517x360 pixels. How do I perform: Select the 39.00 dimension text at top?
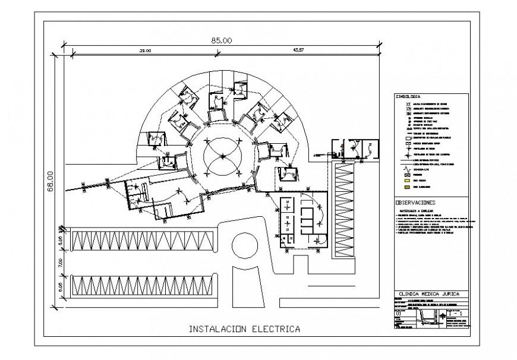point(145,52)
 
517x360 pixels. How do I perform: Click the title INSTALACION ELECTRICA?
point(244,329)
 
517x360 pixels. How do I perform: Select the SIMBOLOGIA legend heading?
point(408,96)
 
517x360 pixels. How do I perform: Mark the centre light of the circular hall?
point(222,156)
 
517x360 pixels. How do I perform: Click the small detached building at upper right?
point(354,149)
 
